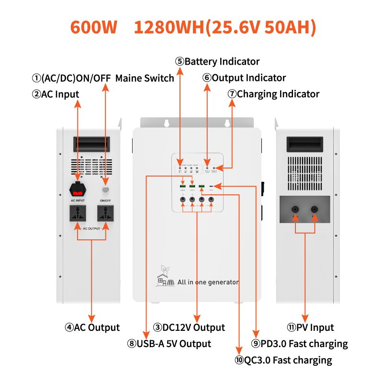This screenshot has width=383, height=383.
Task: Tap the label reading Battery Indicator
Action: coord(217,61)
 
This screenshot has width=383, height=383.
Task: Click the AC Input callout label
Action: coord(56,94)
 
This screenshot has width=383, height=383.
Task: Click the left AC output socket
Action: coord(78,214)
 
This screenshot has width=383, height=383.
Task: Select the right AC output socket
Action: coord(106,214)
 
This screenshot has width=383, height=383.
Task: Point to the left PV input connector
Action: coord(295,210)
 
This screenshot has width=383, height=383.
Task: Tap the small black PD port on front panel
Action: coord(212,186)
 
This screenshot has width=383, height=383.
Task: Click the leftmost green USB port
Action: coord(183,186)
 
